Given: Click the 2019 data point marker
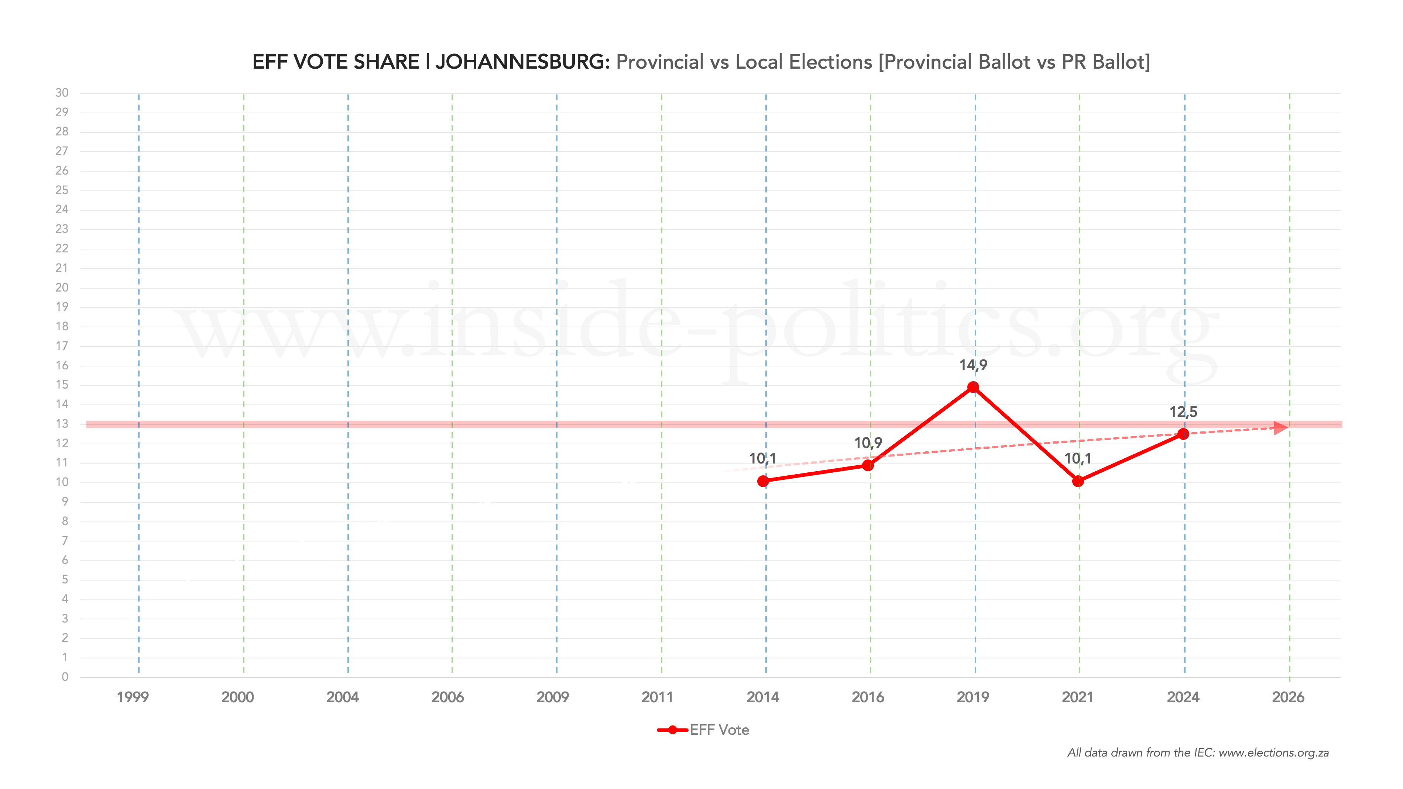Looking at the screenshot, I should point(973,387).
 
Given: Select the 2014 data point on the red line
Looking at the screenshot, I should point(762,481).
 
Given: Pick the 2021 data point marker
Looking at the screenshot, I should point(1077,481).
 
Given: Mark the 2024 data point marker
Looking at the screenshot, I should point(1183,434).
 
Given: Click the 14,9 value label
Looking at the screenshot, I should point(973,365).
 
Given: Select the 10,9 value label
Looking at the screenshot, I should point(868,443).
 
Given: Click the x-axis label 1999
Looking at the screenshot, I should point(132,697).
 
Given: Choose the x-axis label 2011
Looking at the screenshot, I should point(658,697).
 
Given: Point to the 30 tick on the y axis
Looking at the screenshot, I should point(62,93).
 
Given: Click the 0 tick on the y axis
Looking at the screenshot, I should point(65,677).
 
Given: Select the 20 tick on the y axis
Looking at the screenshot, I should point(62,287).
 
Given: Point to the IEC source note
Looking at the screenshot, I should point(1198,752).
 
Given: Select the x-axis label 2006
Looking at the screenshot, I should point(447,697).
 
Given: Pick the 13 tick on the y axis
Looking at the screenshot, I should point(62,424).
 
